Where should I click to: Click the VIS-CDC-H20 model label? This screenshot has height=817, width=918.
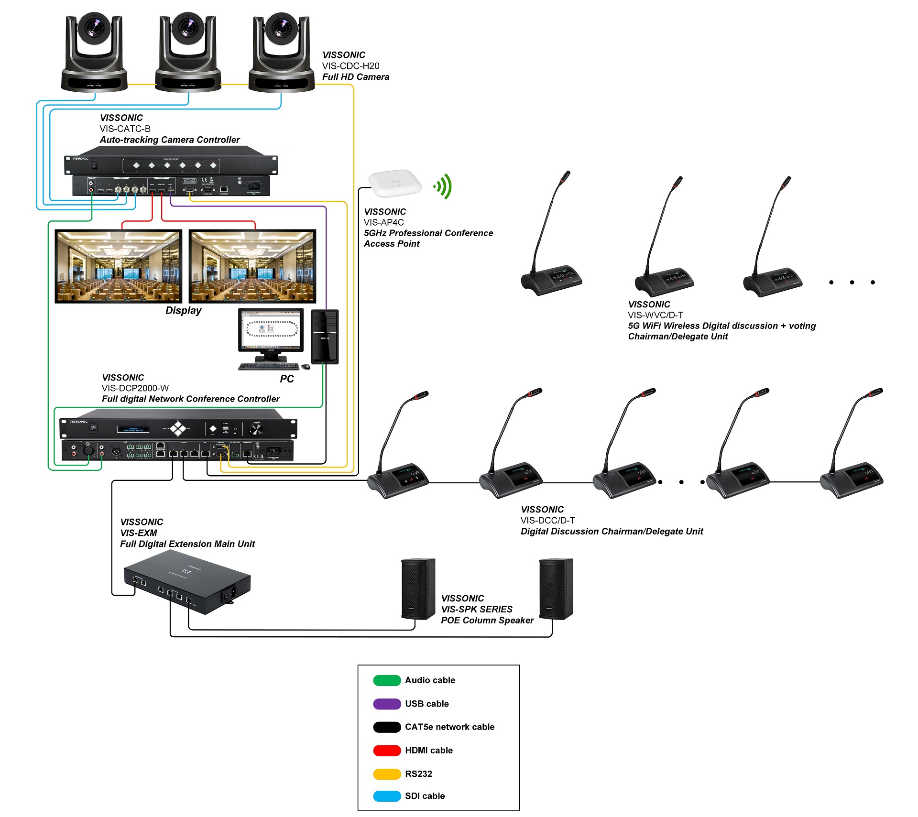coord(350,66)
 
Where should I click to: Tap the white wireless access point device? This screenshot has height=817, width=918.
coord(395,183)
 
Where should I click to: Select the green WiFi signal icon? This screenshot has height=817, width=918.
coord(443,186)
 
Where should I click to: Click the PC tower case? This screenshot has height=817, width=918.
coord(325,337)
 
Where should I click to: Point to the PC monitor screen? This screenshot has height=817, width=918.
coord(271,329)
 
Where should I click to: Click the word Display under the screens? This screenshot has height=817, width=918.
coord(183,311)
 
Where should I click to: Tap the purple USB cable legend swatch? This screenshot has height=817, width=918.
coord(387,704)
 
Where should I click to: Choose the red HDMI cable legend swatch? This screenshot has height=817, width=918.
coord(387,751)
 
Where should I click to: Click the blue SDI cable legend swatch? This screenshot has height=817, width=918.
coord(387,796)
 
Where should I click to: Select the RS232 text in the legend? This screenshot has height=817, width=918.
coord(418,774)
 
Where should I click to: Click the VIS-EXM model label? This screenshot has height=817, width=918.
coord(139,533)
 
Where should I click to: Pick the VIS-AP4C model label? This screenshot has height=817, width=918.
coord(383,222)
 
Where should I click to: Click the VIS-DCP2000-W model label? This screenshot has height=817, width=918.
coord(135,388)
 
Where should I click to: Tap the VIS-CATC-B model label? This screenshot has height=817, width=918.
coord(125,129)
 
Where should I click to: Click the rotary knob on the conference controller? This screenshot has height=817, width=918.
coord(256,429)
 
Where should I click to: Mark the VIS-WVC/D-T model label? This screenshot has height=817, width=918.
coord(655,315)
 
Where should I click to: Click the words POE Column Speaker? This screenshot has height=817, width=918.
coord(487,621)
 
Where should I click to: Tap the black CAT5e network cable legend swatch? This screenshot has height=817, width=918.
coord(387,727)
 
